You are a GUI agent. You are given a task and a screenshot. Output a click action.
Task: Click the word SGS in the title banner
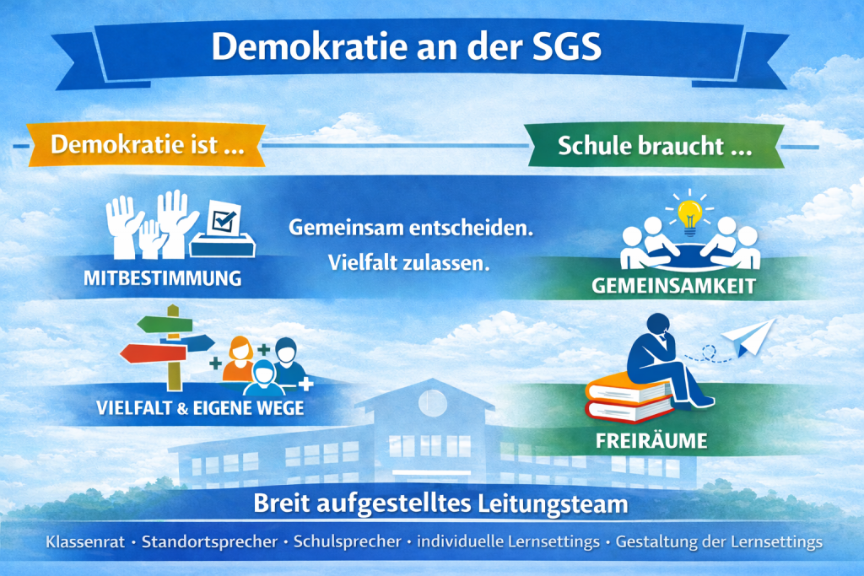click(566, 46)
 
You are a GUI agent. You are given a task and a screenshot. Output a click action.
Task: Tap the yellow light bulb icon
click(689, 217)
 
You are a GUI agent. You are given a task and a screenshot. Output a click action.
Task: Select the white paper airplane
click(749, 336)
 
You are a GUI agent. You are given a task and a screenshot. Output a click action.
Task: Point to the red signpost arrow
click(154, 353)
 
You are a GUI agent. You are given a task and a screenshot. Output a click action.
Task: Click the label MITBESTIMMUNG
click(163, 278)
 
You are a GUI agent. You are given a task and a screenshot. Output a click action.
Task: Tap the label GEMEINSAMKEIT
click(673, 286)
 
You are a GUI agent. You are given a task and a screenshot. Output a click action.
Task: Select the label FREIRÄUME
click(651, 440)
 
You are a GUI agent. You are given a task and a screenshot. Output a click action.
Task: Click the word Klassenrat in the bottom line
click(85, 542)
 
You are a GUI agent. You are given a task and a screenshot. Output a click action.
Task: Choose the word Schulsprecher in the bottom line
click(347, 541)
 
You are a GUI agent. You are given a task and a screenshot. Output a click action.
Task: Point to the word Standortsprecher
click(209, 542)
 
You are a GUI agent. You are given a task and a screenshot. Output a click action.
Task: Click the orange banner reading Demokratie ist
click(146, 144)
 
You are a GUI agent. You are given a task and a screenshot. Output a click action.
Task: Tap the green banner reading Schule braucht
click(655, 146)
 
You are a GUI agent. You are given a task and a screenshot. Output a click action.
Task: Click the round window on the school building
click(433, 402)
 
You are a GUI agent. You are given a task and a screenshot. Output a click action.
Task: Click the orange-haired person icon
click(239, 359)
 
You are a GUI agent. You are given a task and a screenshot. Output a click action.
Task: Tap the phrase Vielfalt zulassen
click(409, 262)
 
